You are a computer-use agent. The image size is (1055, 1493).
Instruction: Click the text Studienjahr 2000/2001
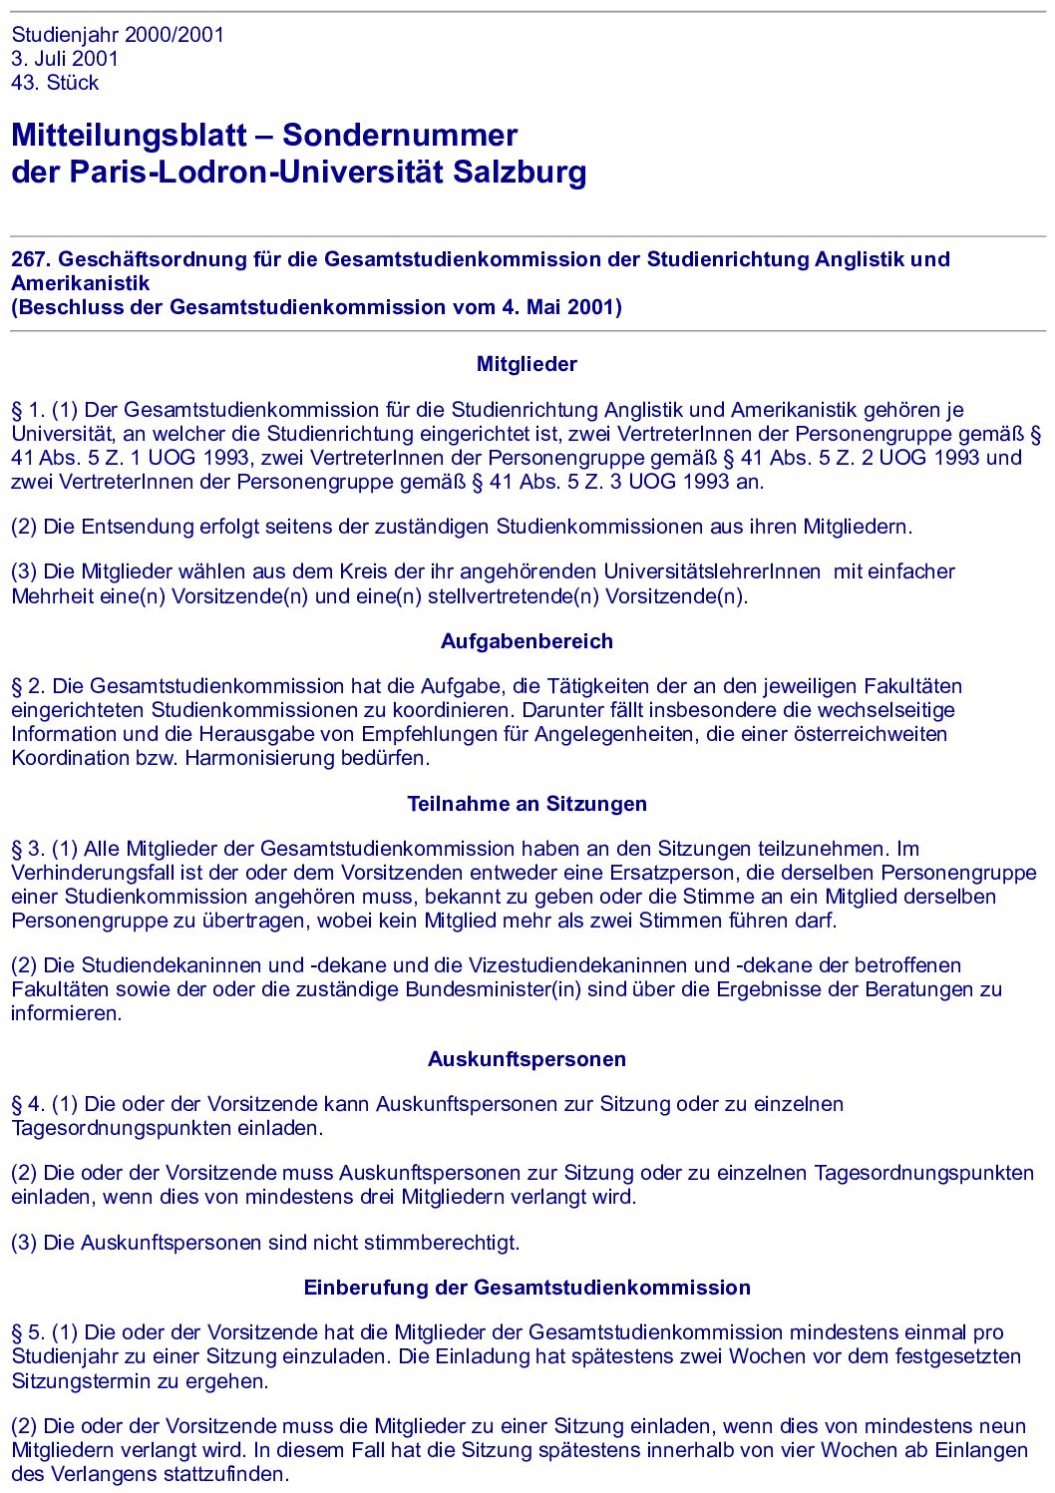[x=118, y=35]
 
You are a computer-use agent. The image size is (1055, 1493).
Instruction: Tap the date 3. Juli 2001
[x=65, y=59]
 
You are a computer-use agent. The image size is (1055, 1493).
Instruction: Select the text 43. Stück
[x=55, y=83]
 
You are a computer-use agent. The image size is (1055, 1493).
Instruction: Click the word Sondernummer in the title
[x=400, y=136]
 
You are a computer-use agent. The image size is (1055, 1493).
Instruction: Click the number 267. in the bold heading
[x=31, y=259]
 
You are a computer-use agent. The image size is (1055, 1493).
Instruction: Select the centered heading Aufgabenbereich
[x=527, y=641]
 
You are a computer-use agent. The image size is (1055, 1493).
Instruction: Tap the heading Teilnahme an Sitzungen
[x=527, y=804]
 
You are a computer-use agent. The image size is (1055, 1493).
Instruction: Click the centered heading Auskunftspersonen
[x=527, y=1059]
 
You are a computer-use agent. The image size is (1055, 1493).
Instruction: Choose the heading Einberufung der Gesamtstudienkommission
[x=527, y=1288]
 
